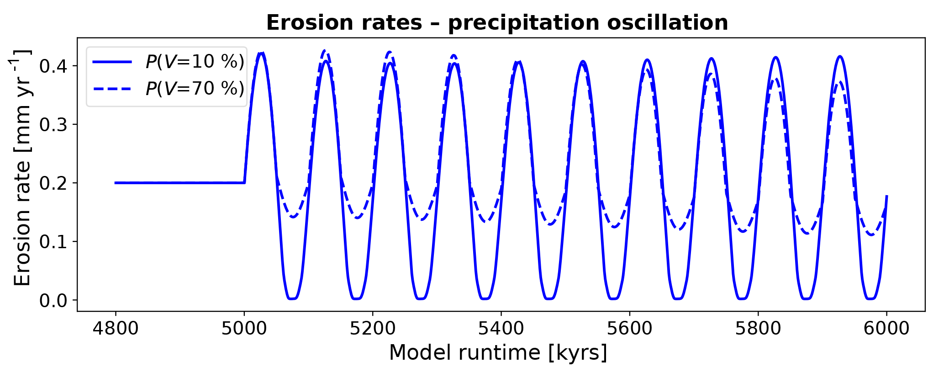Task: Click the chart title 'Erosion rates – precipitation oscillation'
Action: coord(497,23)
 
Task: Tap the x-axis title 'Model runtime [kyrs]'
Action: coord(498,353)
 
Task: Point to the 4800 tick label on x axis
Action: coord(116,329)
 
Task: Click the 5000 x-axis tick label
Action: coord(244,329)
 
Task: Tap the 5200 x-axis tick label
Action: coord(373,329)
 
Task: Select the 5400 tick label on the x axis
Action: coord(501,329)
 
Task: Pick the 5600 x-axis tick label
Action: coord(630,329)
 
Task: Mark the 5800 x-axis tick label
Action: coord(758,329)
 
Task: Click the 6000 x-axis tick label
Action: coord(886,329)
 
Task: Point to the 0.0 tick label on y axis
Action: coord(53,300)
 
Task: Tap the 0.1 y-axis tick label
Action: coord(53,242)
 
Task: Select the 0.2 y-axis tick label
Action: coord(53,183)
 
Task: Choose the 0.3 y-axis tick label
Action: coord(53,125)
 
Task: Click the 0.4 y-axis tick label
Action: coord(53,66)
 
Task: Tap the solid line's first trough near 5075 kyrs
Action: coord(292,298)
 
